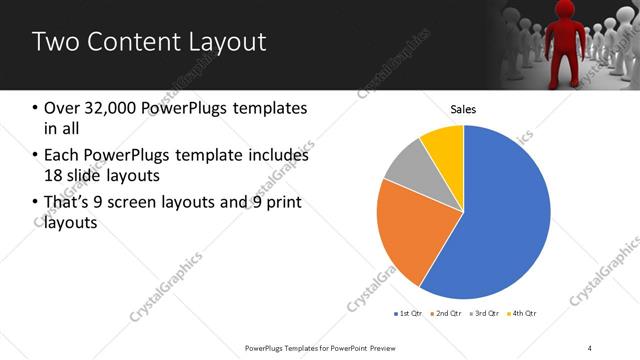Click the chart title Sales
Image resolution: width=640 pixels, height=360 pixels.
pos(463,109)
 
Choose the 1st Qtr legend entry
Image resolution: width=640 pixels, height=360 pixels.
pos(410,314)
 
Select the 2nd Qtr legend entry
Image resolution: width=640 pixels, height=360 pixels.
pos(446,314)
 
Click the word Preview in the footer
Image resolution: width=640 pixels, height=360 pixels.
pos(393,347)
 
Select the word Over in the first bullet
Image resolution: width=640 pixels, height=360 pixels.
pos(60,108)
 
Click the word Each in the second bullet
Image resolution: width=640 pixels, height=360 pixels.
pos(60,156)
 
